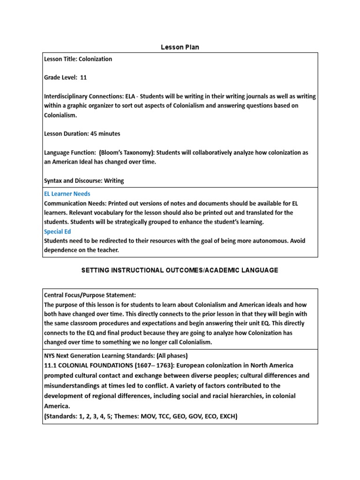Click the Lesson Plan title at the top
point(180,47)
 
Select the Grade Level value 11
point(84,77)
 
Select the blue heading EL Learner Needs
point(67,194)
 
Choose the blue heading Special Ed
point(57,232)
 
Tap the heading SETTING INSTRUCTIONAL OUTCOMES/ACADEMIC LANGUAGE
point(180,270)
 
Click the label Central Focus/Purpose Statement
point(90,295)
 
